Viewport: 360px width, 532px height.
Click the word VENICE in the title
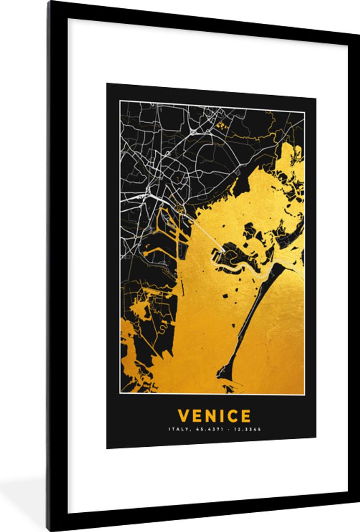[214, 416]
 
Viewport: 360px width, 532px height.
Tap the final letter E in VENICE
[245, 416]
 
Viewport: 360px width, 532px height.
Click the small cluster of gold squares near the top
[222, 125]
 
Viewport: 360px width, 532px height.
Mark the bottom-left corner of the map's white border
[121, 393]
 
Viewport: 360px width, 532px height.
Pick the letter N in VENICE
[208, 416]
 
